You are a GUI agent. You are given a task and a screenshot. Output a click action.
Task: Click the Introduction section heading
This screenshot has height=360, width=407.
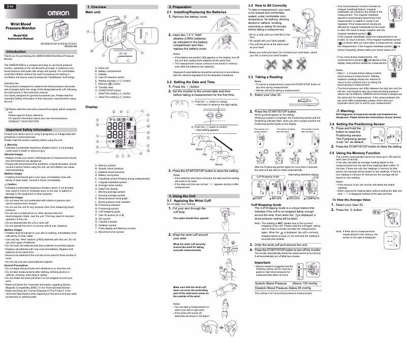[16, 51]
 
